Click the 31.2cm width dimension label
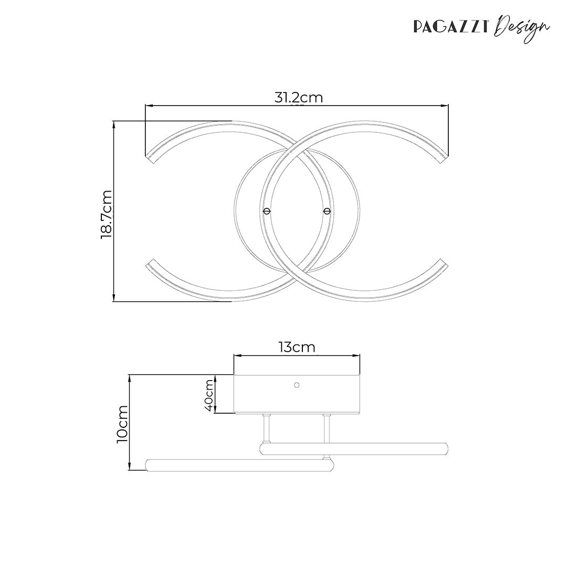coord(298,97)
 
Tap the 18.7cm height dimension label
coord(107,215)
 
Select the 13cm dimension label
coord(297,347)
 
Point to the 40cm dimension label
coord(209,395)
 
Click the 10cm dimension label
coord(122,424)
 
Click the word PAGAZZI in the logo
coord(452,25)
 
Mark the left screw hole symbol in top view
coord(267,211)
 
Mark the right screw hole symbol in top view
coord(327,211)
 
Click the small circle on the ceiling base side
coord(296,385)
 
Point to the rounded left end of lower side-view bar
coord(148,465)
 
